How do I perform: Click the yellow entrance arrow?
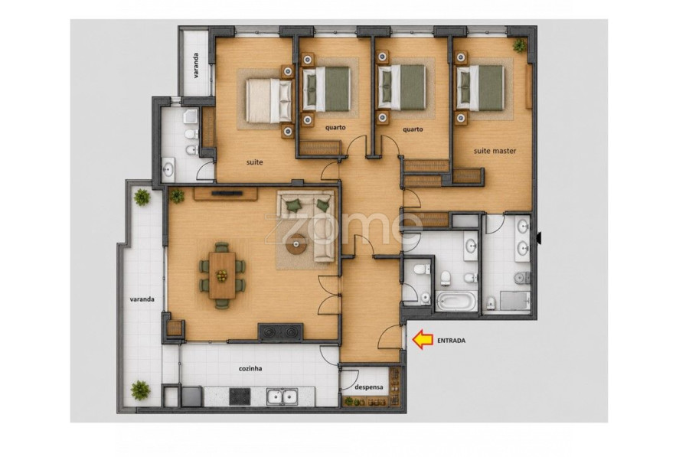423,339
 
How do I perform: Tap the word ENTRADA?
451,340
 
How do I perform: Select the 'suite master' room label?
495,151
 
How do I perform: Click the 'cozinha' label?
250,368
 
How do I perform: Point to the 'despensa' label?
369,387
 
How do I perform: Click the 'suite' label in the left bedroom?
254,162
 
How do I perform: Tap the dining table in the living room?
222,275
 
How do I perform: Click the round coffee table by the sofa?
296,245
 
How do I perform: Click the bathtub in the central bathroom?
456,302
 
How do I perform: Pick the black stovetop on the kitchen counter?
240,397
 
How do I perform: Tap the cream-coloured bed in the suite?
269,100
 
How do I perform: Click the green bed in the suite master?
480,88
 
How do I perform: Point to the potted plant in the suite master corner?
519,45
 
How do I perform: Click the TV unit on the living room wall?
226,194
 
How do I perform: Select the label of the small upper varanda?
196,66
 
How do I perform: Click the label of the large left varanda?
142,299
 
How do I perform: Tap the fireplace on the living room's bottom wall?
280,331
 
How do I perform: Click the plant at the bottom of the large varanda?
140,390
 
